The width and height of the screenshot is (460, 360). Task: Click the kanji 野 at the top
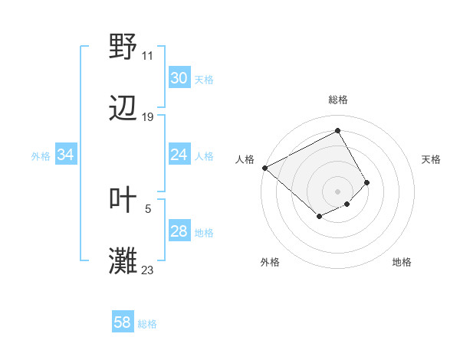click(x=123, y=47)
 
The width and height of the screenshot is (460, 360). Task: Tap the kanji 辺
click(x=123, y=109)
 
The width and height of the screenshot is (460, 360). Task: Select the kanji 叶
click(x=123, y=200)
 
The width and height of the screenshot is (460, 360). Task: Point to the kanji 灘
click(x=123, y=261)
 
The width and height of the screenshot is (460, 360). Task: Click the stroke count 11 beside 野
click(x=148, y=56)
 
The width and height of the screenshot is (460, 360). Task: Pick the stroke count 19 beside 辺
click(x=148, y=117)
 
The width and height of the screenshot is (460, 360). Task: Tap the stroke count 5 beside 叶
click(x=148, y=208)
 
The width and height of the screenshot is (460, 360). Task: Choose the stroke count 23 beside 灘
click(x=148, y=270)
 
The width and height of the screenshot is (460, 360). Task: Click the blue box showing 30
click(x=179, y=78)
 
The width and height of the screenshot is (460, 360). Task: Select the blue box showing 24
click(x=179, y=155)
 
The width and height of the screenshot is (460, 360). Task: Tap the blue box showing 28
click(x=179, y=231)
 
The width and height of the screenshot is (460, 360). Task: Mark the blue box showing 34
click(x=65, y=155)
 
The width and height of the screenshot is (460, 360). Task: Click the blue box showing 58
click(x=123, y=322)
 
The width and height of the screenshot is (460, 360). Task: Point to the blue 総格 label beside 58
click(x=147, y=324)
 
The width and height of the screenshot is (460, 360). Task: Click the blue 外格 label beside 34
click(x=41, y=155)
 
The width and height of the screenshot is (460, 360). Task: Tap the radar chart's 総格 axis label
click(x=338, y=100)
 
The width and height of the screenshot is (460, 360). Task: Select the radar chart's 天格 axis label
click(x=432, y=159)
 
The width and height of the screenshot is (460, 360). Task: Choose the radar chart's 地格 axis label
click(x=402, y=262)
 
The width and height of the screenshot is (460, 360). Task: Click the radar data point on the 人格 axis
click(x=264, y=167)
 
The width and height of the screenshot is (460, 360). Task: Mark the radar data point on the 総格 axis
click(x=338, y=130)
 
